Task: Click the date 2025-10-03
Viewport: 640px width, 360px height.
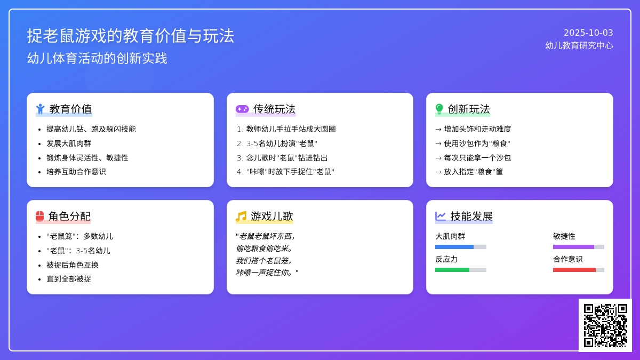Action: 588,33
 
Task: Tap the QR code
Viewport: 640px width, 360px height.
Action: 605,325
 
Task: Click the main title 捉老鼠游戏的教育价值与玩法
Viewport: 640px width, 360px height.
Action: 131,36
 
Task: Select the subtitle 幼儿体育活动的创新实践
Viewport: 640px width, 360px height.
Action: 97,58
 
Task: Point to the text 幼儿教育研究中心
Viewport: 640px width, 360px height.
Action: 579,45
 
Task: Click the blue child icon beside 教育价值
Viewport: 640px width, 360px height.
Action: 41,109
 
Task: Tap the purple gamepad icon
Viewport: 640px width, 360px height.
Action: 242,109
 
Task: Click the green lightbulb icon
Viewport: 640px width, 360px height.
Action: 439,109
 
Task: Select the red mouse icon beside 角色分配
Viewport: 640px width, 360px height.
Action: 39,217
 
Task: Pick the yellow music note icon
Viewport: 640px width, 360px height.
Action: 241,217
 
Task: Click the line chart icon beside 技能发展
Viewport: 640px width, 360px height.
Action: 441,217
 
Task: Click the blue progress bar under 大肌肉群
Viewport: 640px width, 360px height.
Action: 454,247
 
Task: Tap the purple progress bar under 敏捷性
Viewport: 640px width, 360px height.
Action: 573,247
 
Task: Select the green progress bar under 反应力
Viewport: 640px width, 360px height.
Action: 452,270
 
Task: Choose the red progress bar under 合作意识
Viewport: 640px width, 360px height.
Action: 574,270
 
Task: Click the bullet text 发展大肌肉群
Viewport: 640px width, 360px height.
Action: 69,143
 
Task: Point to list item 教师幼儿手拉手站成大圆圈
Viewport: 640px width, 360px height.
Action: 291,129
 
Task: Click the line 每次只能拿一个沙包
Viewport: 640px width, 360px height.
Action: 477,158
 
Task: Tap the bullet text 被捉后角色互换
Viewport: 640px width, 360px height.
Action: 73,265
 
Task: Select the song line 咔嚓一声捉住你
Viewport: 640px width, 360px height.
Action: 265,273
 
